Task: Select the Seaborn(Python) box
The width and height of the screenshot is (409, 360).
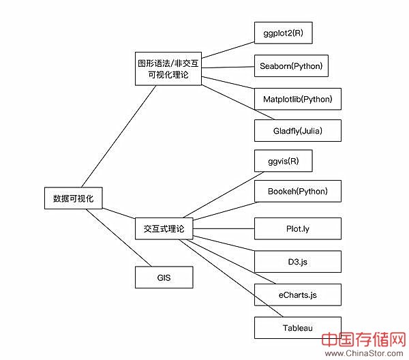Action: coord(290,67)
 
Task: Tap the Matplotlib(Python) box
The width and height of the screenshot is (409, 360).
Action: coord(297,100)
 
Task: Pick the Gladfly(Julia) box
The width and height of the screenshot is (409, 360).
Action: coord(297,131)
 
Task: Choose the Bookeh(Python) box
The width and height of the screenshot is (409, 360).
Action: coord(297,192)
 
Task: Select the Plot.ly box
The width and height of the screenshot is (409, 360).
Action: coord(297,228)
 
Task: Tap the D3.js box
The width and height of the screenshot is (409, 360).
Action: coord(297,261)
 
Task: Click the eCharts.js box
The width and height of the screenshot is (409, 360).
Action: coord(297,295)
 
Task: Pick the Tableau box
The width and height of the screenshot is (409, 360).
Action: coord(297,327)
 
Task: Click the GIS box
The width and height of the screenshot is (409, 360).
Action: coord(164,278)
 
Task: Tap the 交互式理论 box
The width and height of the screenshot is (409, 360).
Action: coord(164,228)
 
